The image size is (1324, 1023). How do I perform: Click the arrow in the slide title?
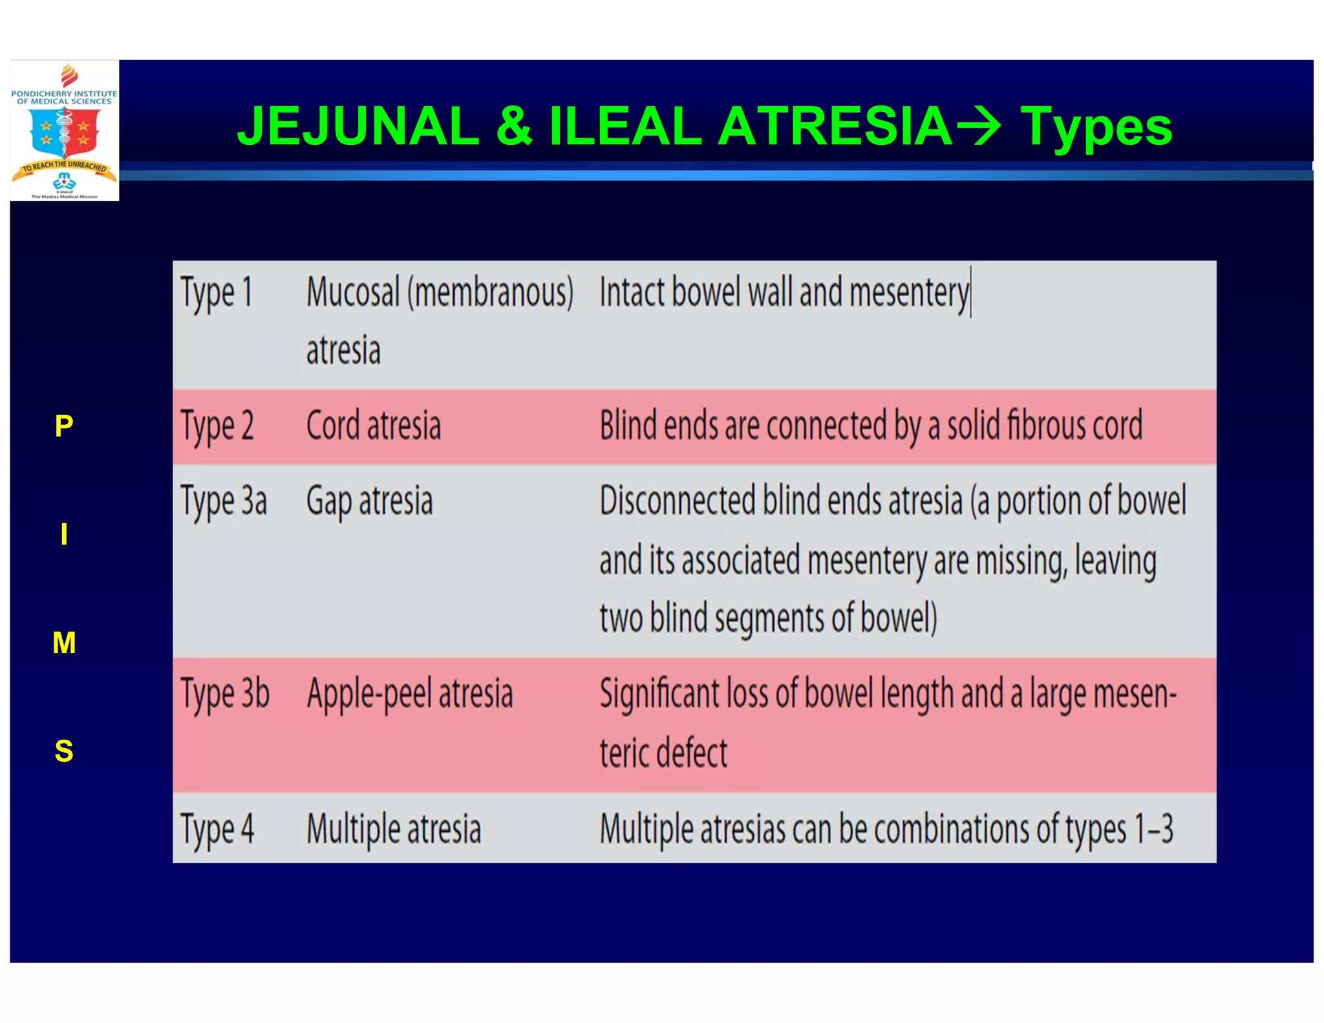click(x=977, y=127)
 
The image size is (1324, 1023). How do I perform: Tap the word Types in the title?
click(x=1096, y=127)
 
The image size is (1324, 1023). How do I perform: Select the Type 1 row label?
click(x=216, y=293)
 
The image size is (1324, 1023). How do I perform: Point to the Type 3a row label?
click(x=223, y=502)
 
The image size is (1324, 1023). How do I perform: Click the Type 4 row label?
click(x=217, y=830)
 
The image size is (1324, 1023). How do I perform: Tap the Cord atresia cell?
click(x=373, y=426)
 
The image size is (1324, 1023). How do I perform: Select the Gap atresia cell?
click(x=369, y=502)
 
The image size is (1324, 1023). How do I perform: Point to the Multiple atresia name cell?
click(x=394, y=830)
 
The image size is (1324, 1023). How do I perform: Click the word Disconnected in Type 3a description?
click(x=677, y=501)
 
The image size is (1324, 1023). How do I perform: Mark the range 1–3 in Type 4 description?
click(x=1153, y=829)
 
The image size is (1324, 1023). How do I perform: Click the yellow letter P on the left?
click(x=64, y=426)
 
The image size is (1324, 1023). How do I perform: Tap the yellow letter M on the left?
click(x=64, y=643)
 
